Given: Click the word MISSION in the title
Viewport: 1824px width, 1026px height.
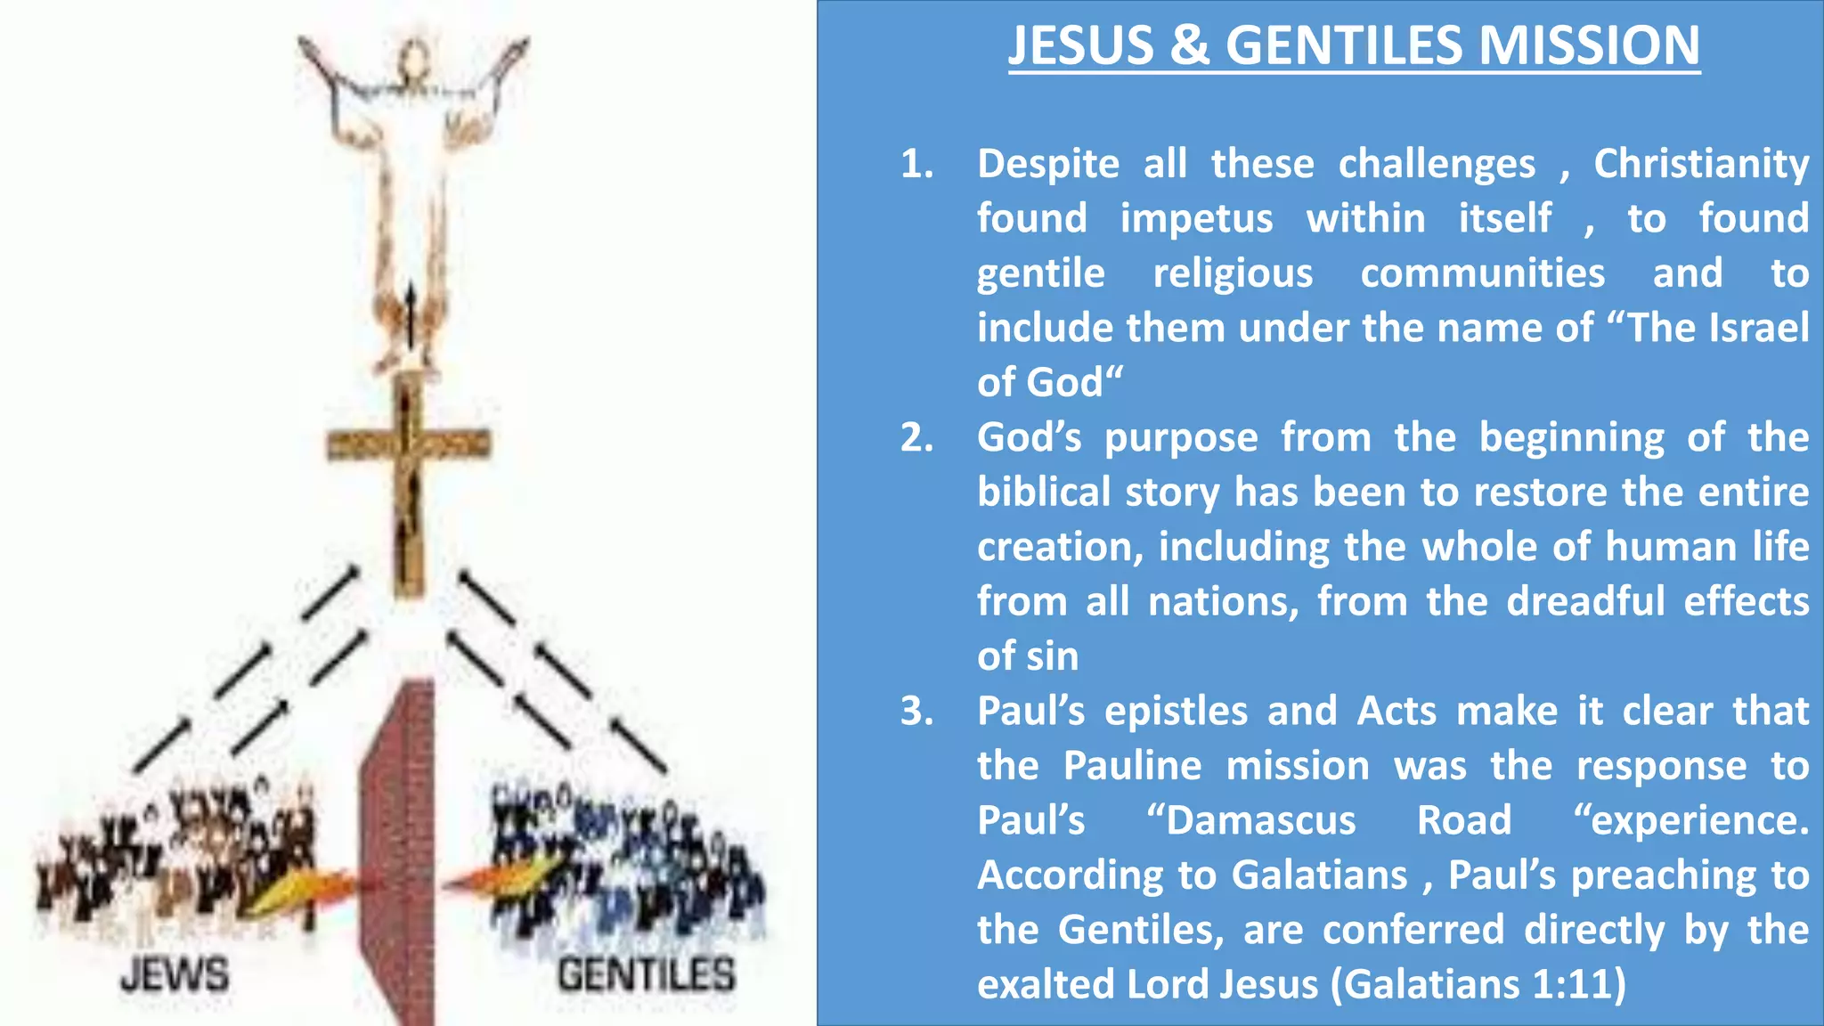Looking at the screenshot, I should click(x=1588, y=45).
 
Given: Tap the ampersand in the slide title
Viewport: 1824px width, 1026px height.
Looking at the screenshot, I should click(x=1190, y=45).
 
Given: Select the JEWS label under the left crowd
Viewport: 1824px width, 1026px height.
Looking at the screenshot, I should click(x=175, y=975).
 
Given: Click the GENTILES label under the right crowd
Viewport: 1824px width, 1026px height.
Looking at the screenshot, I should click(x=647, y=975).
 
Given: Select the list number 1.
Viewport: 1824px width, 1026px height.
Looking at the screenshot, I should click(x=916, y=164).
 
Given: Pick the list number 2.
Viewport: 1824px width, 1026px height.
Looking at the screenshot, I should click(x=916, y=437).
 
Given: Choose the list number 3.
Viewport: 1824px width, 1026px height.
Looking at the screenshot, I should click(x=916, y=712).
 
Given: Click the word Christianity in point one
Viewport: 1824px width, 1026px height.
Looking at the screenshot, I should click(x=1701, y=164).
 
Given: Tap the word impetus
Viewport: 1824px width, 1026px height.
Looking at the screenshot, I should click(x=1196, y=219).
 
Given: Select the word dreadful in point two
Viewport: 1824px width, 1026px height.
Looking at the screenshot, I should click(x=1585, y=602).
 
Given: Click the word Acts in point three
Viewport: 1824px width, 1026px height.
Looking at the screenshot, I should click(x=1396, y=712).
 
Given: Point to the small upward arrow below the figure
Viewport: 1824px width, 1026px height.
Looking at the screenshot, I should click(x=411, y=316).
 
